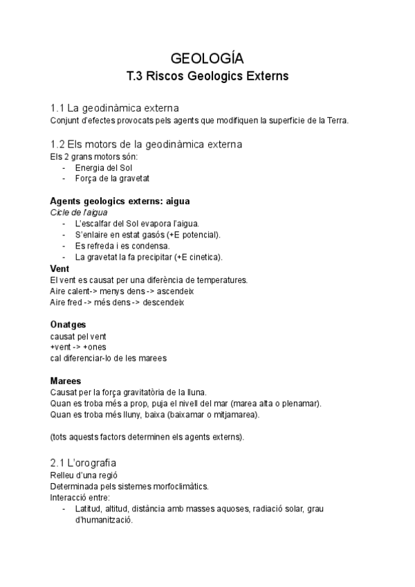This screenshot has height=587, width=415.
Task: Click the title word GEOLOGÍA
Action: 207,57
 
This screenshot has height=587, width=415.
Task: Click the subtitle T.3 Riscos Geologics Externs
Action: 207,75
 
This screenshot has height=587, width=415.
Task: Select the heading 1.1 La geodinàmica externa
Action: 115,108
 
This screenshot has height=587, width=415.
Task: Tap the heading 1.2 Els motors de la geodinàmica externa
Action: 146,144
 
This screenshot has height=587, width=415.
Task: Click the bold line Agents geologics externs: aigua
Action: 120,201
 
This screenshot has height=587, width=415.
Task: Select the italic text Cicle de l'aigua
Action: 79,212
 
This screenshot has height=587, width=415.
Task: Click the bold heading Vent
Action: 60,268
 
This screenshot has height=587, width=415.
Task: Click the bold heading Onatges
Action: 68,325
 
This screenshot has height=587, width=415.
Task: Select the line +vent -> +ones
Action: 78,347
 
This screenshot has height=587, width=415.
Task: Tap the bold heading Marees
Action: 66,381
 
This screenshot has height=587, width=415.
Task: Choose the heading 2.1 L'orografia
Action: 89,462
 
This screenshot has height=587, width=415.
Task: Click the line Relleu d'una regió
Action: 84,475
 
